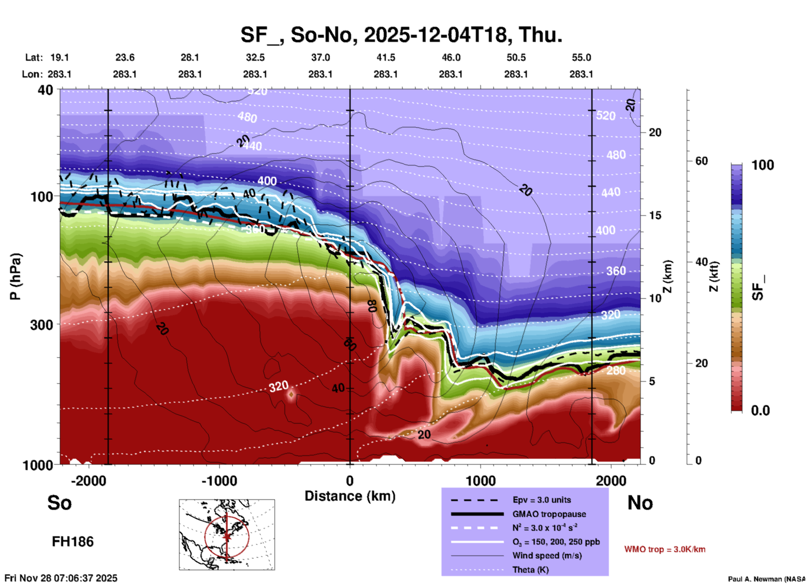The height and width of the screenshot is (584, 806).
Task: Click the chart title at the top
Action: (401, 34)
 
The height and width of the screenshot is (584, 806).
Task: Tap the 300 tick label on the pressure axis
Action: (41, 325)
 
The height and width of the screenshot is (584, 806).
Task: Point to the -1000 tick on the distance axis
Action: (219, 481)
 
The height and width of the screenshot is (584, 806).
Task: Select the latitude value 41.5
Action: (385, 57)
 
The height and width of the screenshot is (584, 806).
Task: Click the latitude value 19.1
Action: (59, 57)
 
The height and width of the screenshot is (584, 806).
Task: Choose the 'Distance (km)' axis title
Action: (350, 496)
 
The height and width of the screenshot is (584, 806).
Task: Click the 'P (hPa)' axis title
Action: (15, 276)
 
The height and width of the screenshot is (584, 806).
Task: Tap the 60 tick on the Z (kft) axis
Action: (701, 161)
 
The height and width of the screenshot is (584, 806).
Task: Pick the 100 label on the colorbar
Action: (762, 165)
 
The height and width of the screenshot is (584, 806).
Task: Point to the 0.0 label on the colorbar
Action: (760, 410)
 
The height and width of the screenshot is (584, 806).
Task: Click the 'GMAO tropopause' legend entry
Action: (549, 514)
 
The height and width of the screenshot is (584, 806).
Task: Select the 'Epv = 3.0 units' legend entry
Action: (542, 500)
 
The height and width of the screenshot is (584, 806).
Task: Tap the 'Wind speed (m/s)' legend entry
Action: (547, 556)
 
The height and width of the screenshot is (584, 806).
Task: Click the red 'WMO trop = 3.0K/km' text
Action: (665, 549)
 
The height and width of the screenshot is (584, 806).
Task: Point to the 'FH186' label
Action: (73, 542)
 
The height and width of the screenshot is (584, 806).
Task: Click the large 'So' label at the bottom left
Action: (59, 503)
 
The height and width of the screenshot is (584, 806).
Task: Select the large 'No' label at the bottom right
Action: (640, 503)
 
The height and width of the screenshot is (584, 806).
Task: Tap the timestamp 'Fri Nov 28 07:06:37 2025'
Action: (61, 578)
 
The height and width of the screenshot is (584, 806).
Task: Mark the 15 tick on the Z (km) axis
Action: (655, 215)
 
